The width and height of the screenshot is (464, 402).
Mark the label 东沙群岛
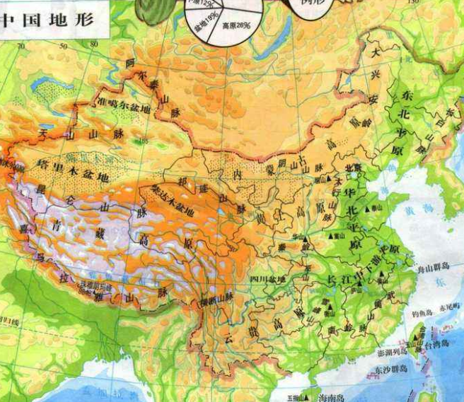(391, 368)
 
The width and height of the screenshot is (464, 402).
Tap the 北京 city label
(352, 167)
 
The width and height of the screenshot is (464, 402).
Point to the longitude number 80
(93, 45)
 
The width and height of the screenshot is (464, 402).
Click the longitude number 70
(21, 46)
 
